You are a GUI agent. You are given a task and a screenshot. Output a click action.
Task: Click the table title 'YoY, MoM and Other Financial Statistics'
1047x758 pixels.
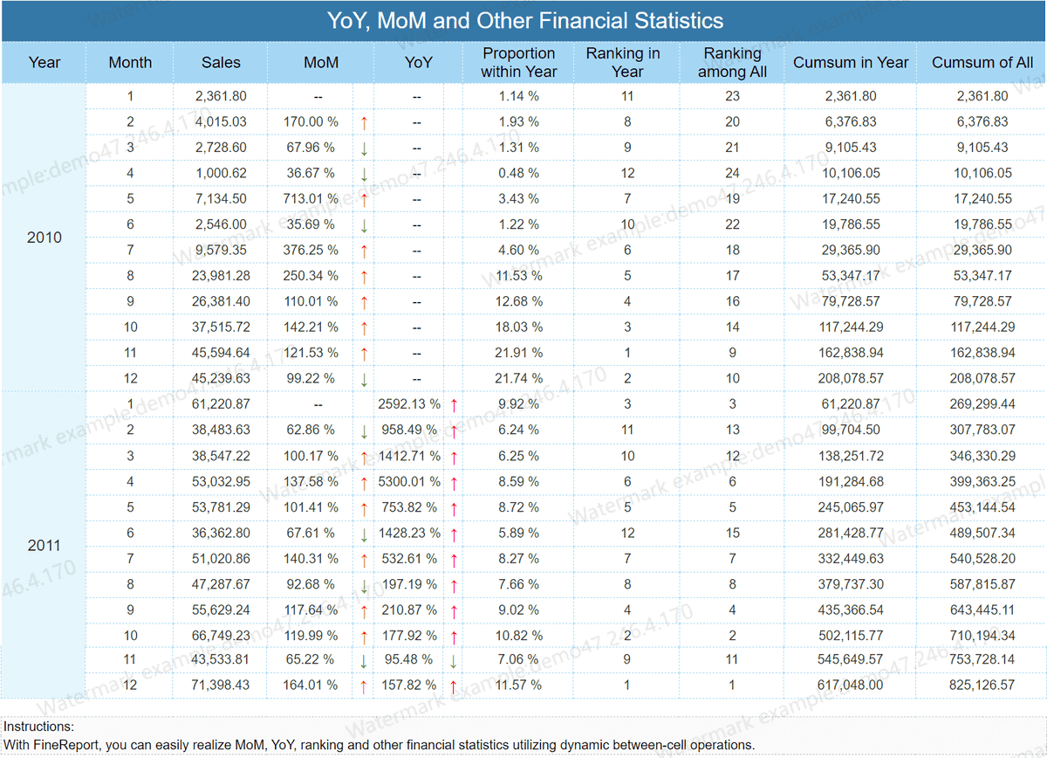(525, 21)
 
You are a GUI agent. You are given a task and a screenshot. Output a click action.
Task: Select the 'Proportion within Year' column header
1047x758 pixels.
(519, 62)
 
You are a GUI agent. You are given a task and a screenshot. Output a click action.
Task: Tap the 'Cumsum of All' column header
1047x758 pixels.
(982, 62)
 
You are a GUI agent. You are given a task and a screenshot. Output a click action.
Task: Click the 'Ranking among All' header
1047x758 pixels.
(732, 62)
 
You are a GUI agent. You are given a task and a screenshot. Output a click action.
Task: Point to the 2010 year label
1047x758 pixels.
(44, 238)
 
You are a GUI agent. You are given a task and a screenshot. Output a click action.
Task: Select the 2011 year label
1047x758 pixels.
(44, 545)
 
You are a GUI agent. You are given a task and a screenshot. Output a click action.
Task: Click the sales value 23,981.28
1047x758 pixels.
(221, 276)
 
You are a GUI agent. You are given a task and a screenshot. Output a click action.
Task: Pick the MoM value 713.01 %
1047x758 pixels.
(311, 198)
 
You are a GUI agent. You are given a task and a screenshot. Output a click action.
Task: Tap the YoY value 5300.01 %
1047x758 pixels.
(409, 481)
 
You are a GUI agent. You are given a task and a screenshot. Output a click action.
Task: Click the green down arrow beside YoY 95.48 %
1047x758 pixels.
(453, 661)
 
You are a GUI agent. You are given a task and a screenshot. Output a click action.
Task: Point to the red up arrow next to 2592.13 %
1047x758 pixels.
(454, 405)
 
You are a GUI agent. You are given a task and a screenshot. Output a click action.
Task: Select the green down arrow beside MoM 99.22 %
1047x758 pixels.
(364, 380)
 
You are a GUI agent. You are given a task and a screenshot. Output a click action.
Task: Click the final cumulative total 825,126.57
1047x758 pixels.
(982, 685)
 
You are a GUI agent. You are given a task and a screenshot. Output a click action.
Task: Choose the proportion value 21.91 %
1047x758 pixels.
(519, 352)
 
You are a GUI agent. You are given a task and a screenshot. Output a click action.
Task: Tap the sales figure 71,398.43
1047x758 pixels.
(220, 685)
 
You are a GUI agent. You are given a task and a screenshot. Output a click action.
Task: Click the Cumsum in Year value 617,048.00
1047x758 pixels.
(850, 685)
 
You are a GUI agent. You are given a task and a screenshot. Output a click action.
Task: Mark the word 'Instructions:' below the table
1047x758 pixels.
(38, 727)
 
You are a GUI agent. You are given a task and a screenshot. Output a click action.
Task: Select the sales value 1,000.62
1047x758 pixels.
(221, 173)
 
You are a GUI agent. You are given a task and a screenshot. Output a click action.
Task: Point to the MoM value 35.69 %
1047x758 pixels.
(311, 224)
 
